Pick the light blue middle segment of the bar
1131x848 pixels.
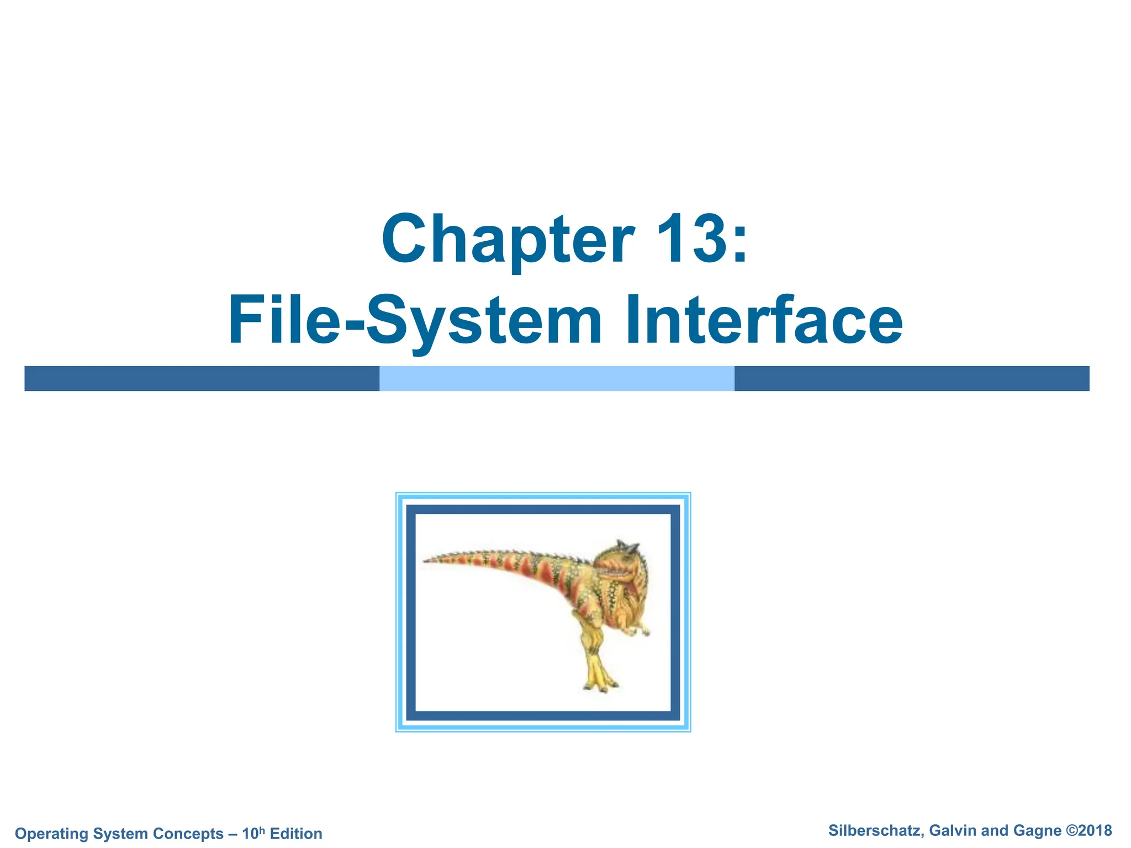[x=557, y=378]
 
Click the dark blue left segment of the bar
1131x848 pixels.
[x=202, y=378]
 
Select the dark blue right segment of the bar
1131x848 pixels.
[x=911, y=378]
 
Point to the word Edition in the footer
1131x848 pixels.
[x=296, y=834]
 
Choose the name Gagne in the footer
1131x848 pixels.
[x=1037, y=831]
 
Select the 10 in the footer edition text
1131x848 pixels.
[x=250, y=834]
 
